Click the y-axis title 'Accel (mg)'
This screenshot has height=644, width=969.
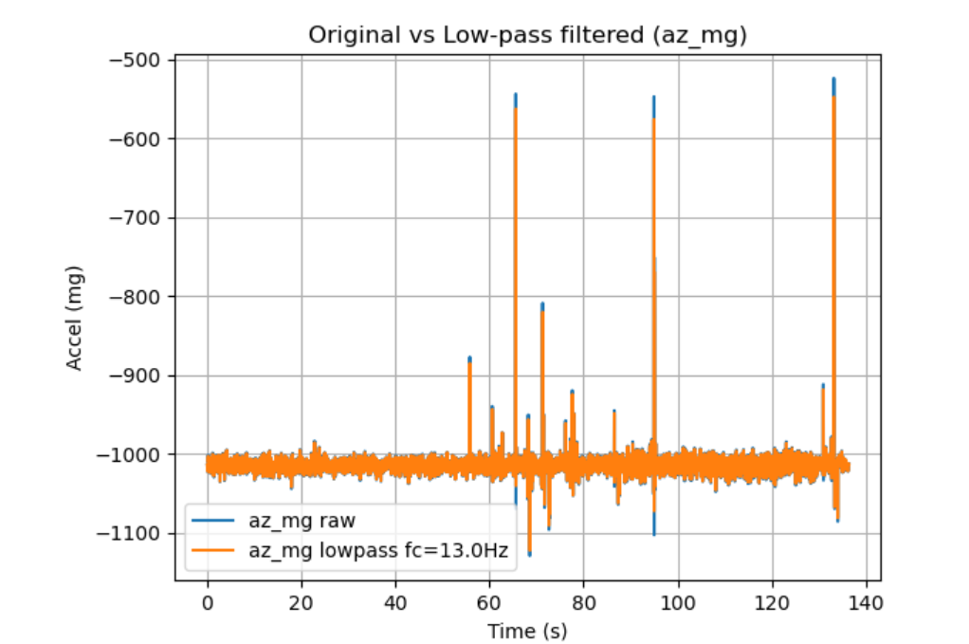pyautogui.click(x=73, y=319)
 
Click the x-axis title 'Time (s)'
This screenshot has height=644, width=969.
pyautogui.click(x=527, y=631)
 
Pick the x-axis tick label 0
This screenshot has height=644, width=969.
pyautogui.click(x=207, y=602)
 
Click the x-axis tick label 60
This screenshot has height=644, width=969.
pyautogui.click(x=489, y=602)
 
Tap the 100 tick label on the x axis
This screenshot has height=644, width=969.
pyautogui.click(x=678, y=602)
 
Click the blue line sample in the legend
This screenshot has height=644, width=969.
pyautogui.click(x=216, y=521)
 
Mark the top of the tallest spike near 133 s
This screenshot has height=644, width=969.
pyautogui.click(x=833, y=79)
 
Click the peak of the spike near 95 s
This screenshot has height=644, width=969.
pyautogui.click(x=654, y=97)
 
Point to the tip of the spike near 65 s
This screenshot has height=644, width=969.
pyautogui.click(x=515, y=94)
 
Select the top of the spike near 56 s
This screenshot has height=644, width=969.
pyautogui.click(x=469, y=358)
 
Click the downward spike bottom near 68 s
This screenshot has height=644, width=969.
pyautogui.click(x=529, y=554)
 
